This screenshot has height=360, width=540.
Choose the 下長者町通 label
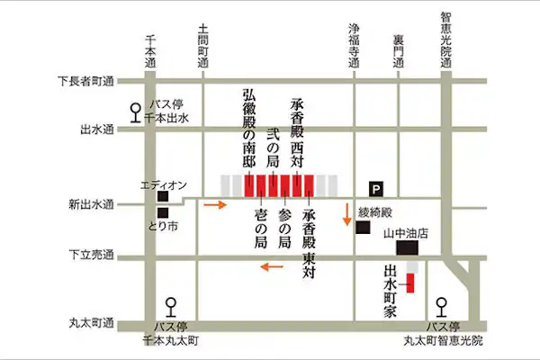[x=86, y=82]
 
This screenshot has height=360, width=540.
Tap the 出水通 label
[x=96, y=130]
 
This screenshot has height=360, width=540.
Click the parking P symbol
[x=376, y=188]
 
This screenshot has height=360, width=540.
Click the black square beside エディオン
[x=162, y=195]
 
